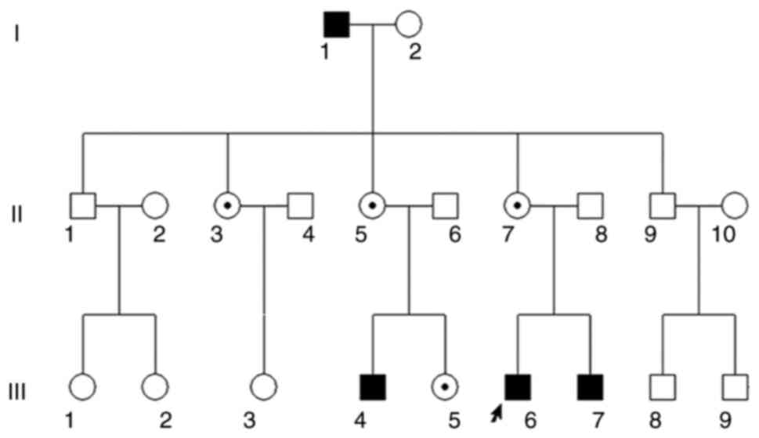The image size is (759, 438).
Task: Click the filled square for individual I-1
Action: point(337,25)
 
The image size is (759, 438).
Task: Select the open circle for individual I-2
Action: point(409,25)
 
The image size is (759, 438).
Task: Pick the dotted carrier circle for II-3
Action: point(227,206)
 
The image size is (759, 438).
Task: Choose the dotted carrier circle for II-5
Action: point(372,206)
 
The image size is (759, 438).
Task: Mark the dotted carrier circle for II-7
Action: point(517,206)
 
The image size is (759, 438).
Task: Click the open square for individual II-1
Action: point(82,206)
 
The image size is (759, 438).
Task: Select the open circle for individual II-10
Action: point(734,206)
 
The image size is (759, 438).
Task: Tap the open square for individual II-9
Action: point(662,206)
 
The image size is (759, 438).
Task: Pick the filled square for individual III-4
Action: point(372,387)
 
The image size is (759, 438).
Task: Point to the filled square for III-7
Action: point(590,387)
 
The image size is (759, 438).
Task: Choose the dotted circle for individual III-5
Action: point(444,387)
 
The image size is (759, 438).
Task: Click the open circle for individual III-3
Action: point(263,387)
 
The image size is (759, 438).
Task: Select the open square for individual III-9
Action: point(735,387)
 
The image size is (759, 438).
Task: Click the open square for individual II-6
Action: point(445,206)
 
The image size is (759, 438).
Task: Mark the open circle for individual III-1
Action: point(82,387)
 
